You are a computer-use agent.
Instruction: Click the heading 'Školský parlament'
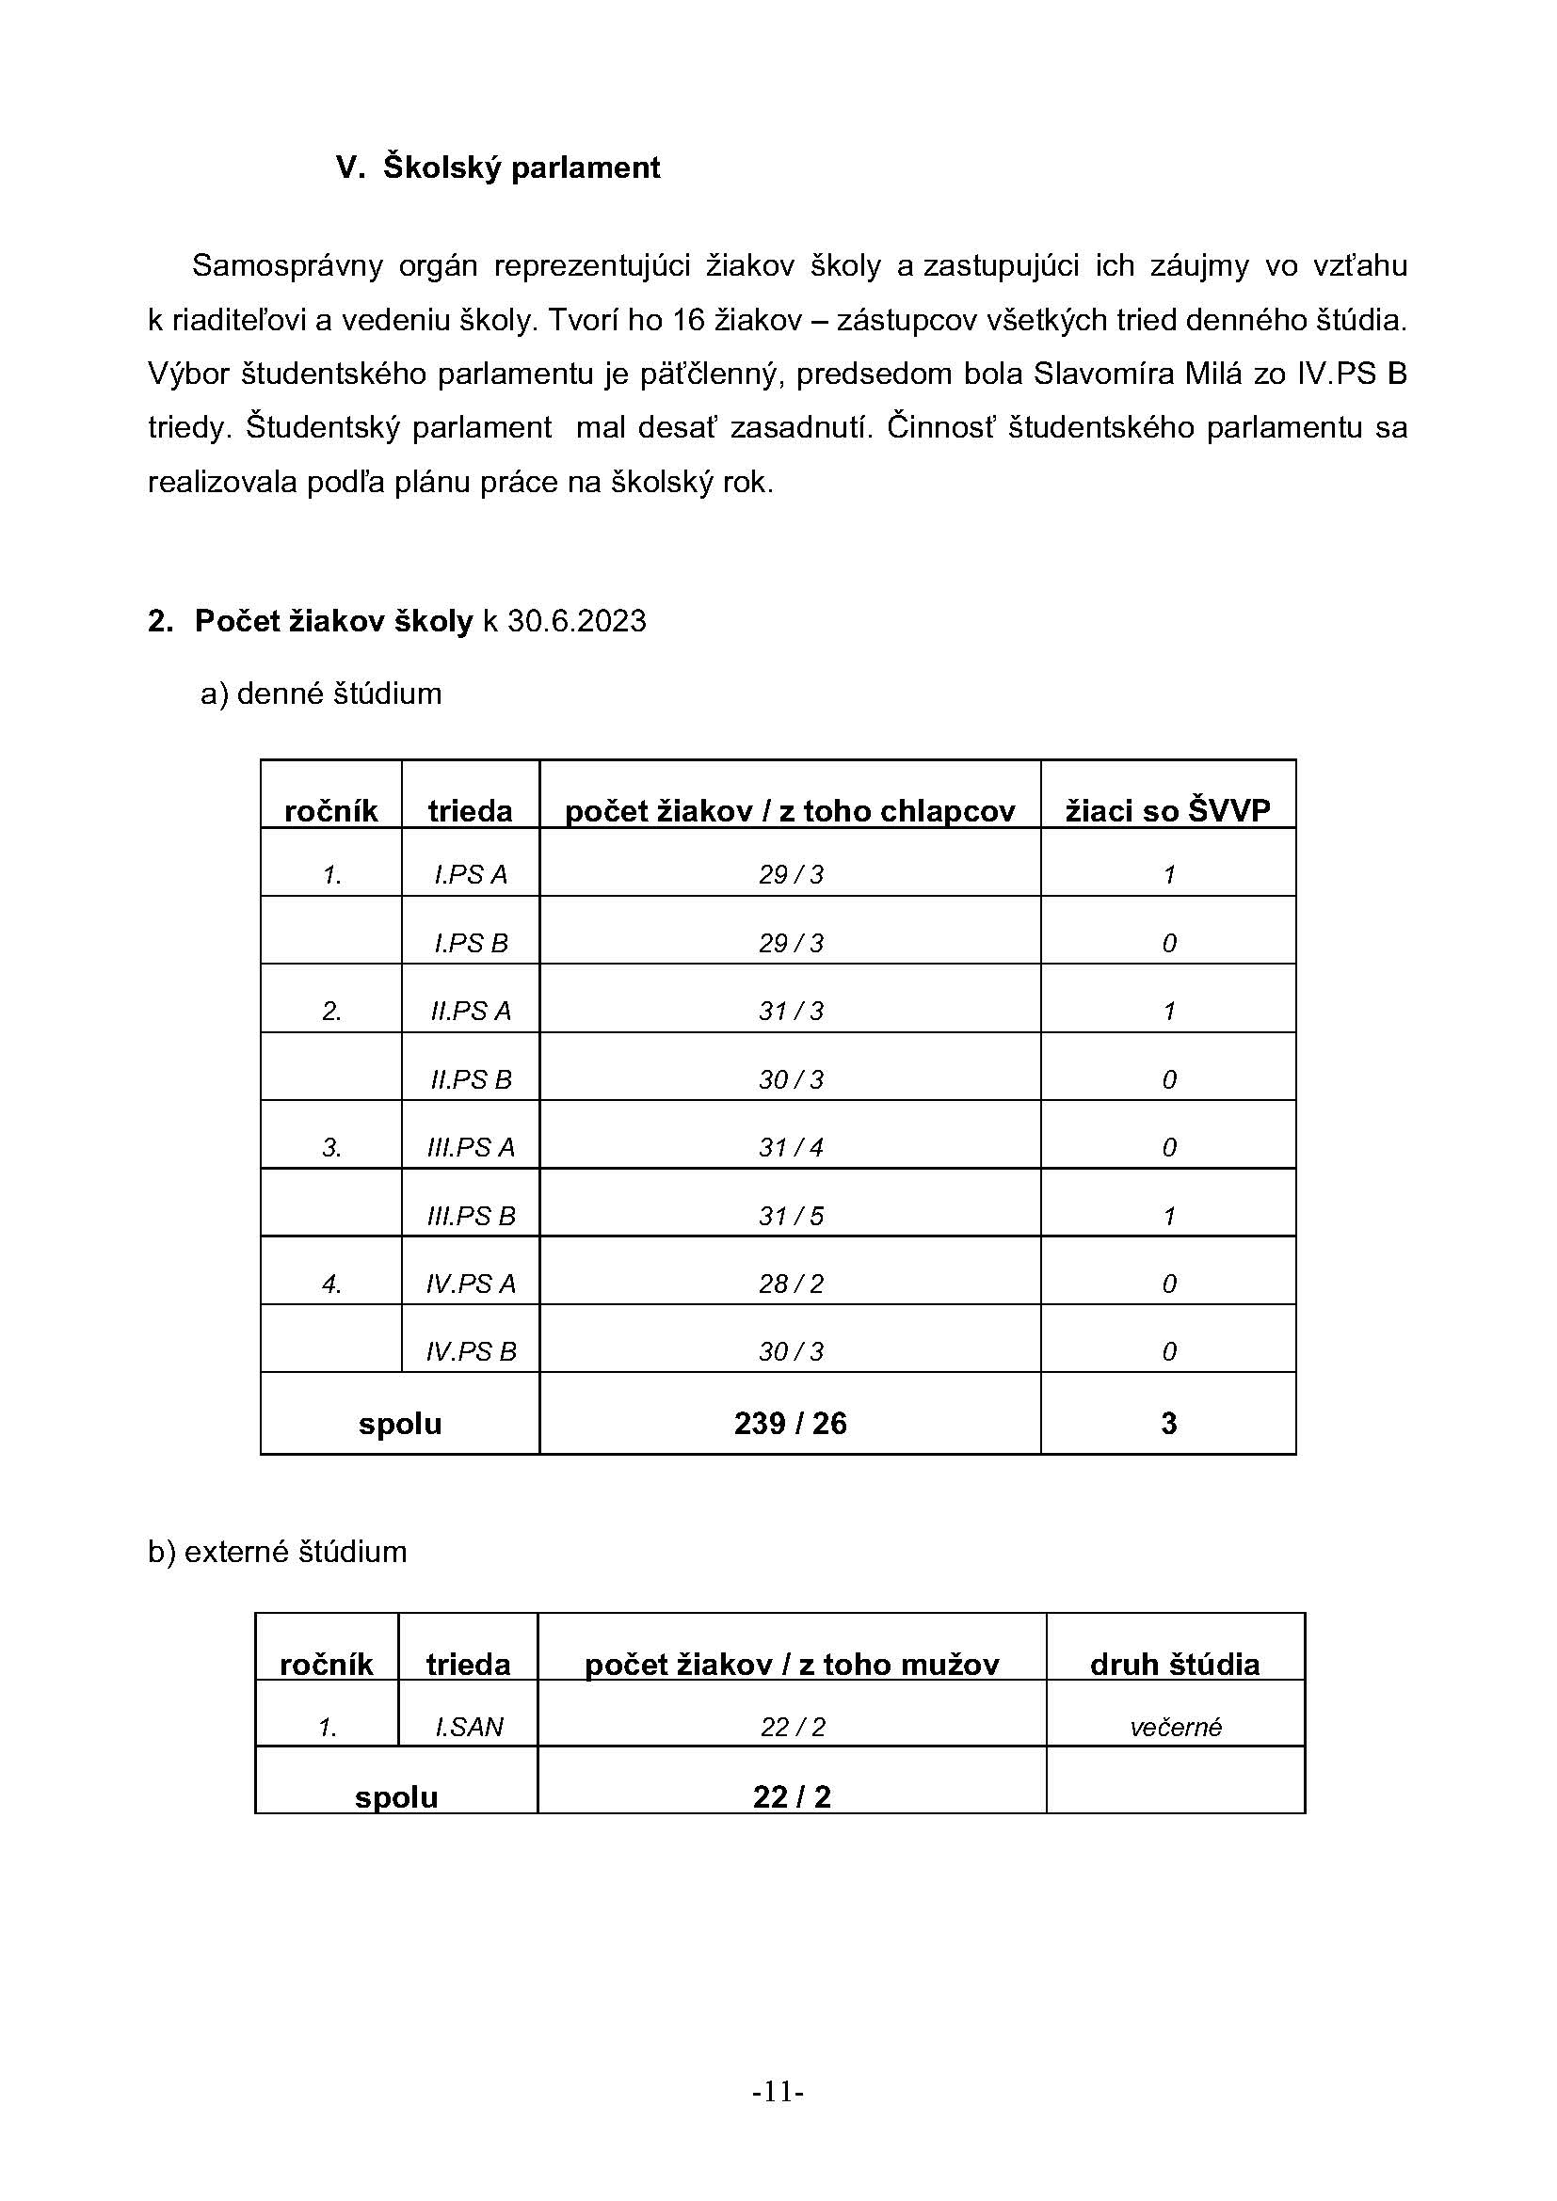[521, 167]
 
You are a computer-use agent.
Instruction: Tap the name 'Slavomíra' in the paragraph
[1102, 374]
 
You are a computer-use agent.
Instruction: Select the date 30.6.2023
[576, 621]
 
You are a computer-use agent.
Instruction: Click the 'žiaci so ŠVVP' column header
[1167, 811]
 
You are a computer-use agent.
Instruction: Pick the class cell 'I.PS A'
[470, 874]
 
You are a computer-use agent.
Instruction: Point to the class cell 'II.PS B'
[470, 1079]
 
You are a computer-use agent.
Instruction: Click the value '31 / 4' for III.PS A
[790, 1147]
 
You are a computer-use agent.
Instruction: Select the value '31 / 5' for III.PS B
[790, 1216]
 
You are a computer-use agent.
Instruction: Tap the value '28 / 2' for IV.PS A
[790, 1284]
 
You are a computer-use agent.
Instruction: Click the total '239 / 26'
[790, 1423]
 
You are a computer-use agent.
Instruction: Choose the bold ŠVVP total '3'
[1167, 1423]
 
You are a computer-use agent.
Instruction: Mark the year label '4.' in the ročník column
[331, 1284]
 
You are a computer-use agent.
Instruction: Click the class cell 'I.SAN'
[469, 1727]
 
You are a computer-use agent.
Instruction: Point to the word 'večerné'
[1176, 1728]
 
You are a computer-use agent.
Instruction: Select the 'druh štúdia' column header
[1175, 1665]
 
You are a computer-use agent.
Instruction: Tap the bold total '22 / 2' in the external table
[791, 1796]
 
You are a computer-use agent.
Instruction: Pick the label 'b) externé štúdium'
[277, 1551]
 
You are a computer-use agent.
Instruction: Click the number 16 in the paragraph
[688, 320]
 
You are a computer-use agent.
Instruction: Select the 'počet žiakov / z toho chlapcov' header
[789, 811]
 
